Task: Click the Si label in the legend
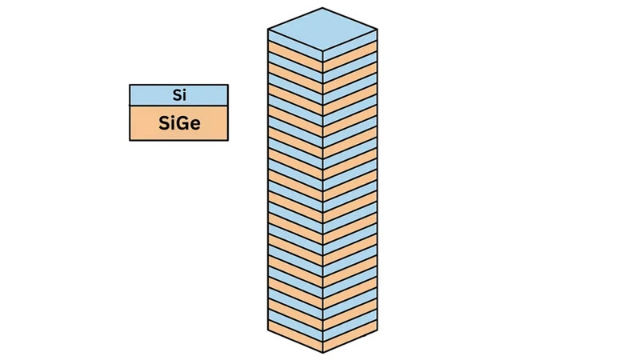[179, 95]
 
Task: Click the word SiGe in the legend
[179, 123]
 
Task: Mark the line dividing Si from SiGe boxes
[179, 106]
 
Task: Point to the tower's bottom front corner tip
[322, 352]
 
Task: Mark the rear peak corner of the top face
[322, 8]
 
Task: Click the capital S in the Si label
[175, 95]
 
